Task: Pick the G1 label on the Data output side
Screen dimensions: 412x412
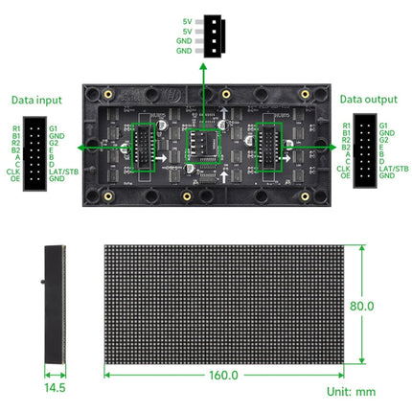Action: click(x=383, y=126)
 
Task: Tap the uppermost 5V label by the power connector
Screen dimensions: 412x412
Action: click(x=186, y=21)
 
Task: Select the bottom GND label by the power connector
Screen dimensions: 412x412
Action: click(x=184, y=50)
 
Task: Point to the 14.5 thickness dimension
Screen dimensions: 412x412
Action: click(x=54, y=388)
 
